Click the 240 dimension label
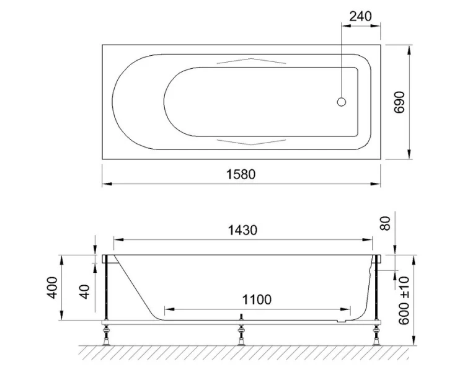click(360, 16)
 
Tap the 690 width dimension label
click(399, 102)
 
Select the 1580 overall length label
click(241, 174)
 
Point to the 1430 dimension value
click(242, 230)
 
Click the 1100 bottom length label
click(257, 299)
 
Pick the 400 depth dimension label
click(53, 288)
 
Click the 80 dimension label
click(386, 223)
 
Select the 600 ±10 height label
click(404, 300)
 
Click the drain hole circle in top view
click(342, 102)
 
